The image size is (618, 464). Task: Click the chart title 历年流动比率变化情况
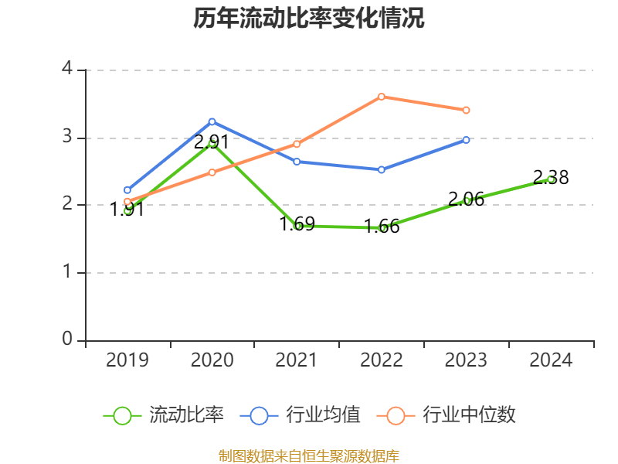tap(309, 19)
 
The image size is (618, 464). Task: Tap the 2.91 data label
tap(211, 142)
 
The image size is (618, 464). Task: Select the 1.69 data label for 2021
tap(297, 224)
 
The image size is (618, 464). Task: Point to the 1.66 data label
tap(382, 227)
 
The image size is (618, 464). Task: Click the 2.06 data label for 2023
tap(466, 200)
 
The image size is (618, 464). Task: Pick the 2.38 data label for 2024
tap(551, 178)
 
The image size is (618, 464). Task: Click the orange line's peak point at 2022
tap(382, 97)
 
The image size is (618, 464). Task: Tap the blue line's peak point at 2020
tap(212, 121)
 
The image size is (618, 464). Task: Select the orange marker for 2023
tap(466, 111)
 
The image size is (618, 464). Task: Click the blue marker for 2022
tap(382, 169)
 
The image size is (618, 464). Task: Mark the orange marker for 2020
tap(212, 172)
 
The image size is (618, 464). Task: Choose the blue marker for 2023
tap(466, 140)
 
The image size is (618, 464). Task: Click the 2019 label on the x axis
tap(127, 360)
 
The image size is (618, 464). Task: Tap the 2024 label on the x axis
tap(551, 360)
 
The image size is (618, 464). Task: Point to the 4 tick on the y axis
tap(67, 70)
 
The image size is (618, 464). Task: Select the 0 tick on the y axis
tap(67, 340)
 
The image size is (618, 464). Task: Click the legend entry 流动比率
tap(164, 415)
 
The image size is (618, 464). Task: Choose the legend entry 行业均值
tap(301, 415)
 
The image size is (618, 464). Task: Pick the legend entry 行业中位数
tap(447, 415)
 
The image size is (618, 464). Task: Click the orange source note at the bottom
tap(309, 455)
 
